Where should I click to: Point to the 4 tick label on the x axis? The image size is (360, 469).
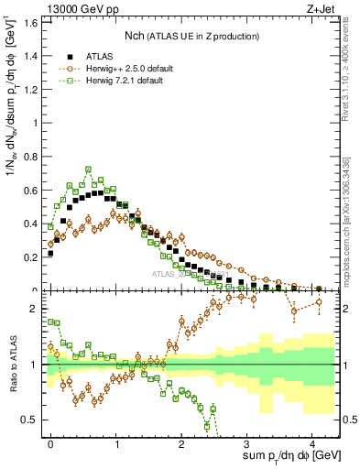click(x=312, y=442)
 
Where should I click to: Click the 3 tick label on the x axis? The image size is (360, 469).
click(x=247, y=442)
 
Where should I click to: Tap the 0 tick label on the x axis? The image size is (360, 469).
click(x=51, y=442)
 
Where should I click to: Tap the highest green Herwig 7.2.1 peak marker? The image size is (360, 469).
click(x=88, y=169)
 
